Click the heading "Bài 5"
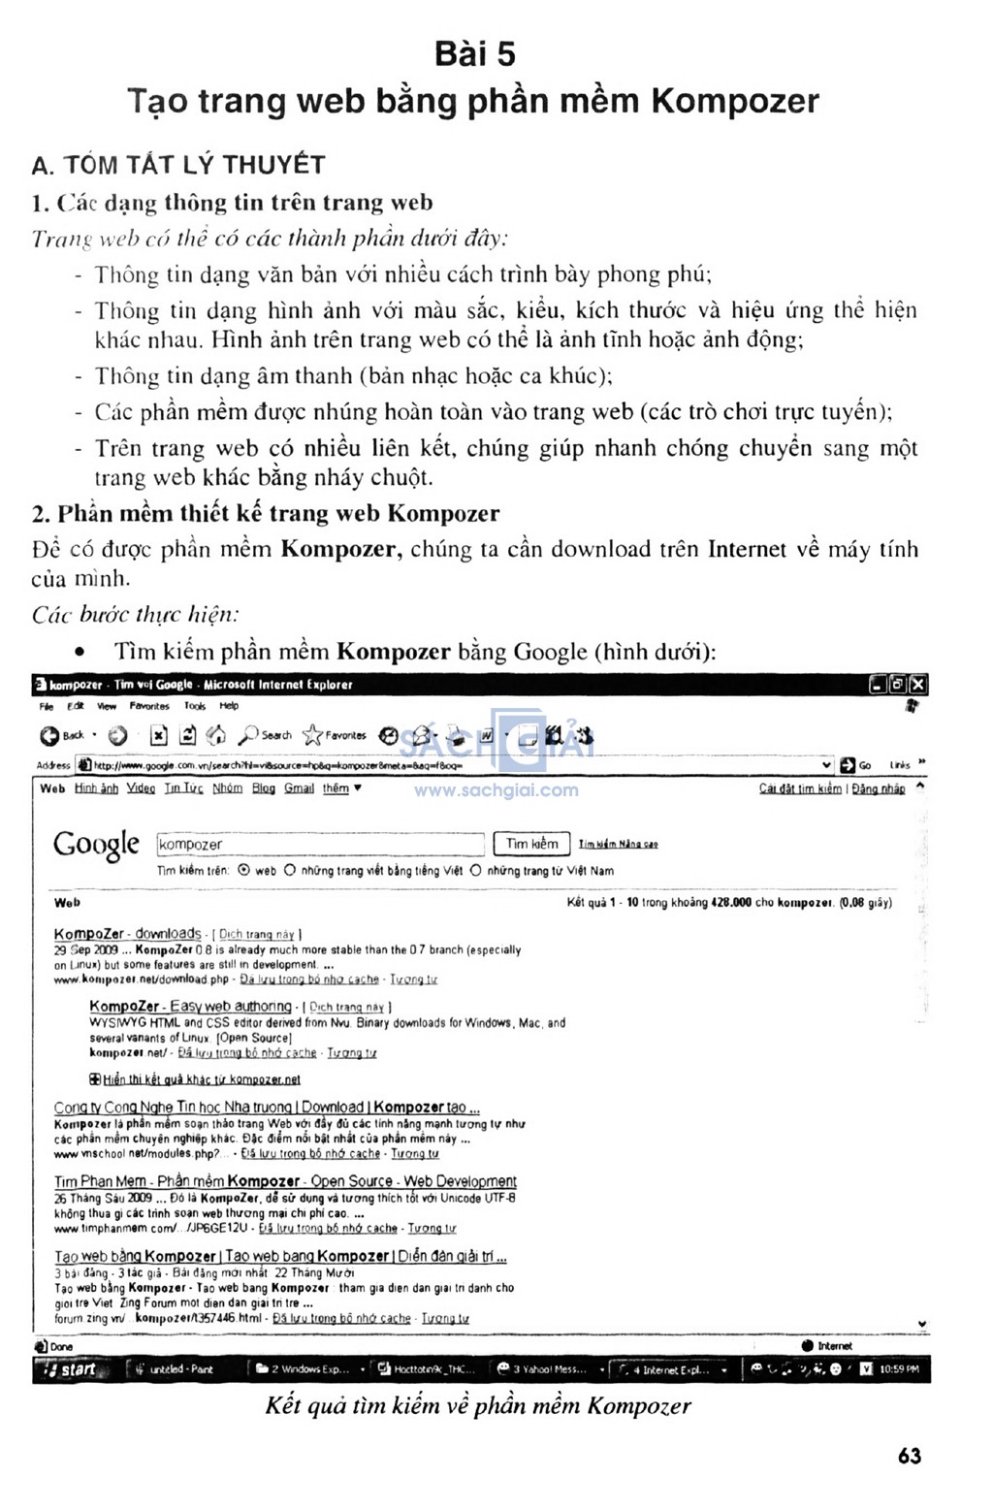[x=474, y=54]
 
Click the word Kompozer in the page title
[x=735, y=101]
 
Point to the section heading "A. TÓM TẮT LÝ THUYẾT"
[x=177, y=165]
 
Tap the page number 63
[x=909, y=1455]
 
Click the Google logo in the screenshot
[x=96, y=845]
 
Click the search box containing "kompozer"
[x=319, y=845]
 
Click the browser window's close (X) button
[x=917, y=685]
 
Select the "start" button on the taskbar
[x=68, y=1369]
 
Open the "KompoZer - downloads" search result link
[x=127, y=934]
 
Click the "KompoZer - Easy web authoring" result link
[x=190, y=1007]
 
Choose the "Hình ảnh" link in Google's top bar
[x=96, y=788]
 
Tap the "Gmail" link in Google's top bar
[x=299, y=788]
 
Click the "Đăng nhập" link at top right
[x=878, y=789]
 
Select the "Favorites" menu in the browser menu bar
[x=148, y=706]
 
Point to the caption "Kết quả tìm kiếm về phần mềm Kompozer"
[x=478, y=1405]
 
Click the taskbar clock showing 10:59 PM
[x=899, y=1369]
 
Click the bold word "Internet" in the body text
[x=747, y=550]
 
